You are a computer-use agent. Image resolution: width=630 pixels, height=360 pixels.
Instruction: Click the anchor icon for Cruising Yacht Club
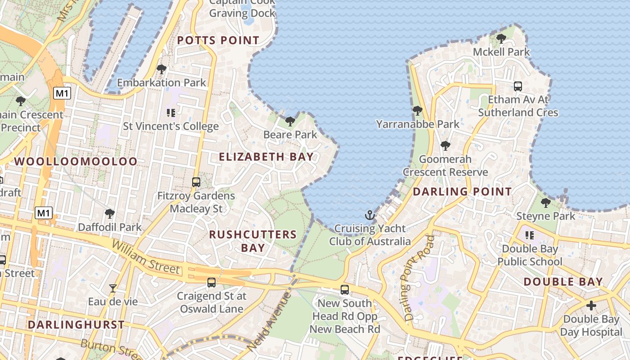[369, 215]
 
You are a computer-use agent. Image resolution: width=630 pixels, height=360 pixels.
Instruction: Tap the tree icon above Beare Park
[290, 121]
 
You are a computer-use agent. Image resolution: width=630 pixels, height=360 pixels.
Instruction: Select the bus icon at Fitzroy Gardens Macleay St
[196, 182]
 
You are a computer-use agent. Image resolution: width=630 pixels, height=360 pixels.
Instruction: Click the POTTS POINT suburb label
[218, 40]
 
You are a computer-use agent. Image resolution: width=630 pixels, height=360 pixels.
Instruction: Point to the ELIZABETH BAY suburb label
[266, 157]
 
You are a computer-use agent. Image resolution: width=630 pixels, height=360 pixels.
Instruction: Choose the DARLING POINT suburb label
[462, 191]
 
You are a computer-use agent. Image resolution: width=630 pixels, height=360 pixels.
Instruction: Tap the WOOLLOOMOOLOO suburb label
[76, 161]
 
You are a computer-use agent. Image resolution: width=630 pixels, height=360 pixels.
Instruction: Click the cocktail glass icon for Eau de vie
[113, 288]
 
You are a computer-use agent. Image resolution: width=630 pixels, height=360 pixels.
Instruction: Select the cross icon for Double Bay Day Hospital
[591, 306]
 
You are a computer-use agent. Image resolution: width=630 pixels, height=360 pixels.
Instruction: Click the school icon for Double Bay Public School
[530, 235]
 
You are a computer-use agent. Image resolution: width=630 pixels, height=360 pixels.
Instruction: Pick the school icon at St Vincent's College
[171, 112]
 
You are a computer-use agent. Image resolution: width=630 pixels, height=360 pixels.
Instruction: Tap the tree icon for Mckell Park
[501, 39]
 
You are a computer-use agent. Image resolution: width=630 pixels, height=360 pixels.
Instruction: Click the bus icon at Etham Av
[518, 86]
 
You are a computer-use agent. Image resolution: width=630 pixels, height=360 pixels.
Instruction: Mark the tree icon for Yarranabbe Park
[418, 110]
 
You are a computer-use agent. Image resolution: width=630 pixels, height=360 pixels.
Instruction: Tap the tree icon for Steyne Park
[545, 202]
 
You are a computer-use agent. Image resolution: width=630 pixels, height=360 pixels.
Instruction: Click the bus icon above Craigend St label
[211, 283]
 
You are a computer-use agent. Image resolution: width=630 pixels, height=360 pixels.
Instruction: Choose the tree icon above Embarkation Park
[161, 69]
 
